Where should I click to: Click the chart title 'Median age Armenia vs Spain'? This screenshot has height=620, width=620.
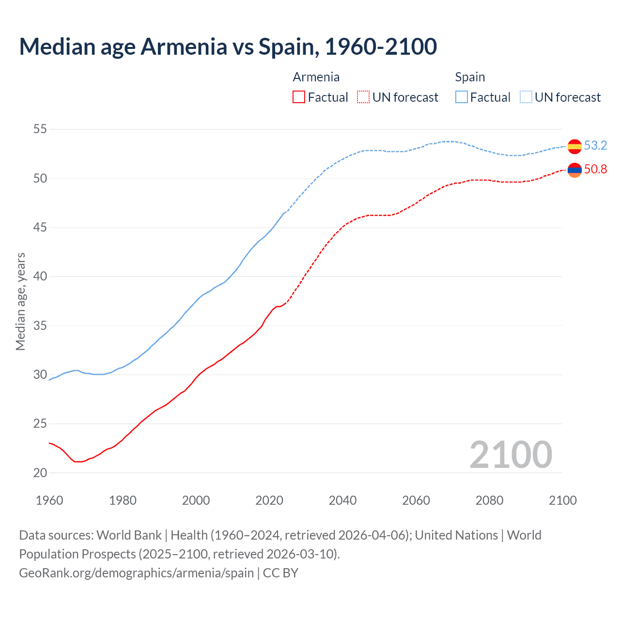pos(228,46)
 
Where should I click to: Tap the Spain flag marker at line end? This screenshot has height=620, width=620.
pos(574,146)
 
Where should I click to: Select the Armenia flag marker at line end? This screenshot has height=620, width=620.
pos(574,170)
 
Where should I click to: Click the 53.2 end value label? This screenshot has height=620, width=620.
pos(595,145)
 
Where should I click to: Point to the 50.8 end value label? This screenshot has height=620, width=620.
pos(595,169)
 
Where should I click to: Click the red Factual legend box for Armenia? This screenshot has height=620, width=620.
pos(299,97)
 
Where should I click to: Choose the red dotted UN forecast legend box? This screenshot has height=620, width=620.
pos(363,97)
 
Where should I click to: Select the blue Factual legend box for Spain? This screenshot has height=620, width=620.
pos(462,97)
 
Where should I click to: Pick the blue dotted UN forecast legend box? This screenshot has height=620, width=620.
pos(526,97)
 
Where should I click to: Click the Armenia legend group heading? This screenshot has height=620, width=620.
pos(316,77)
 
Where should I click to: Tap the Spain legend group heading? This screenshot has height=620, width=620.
pos(470,77)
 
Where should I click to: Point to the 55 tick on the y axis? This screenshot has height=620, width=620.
pos(40,129)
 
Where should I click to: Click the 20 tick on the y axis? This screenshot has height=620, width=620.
pos(40,473)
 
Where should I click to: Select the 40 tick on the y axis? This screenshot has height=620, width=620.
pos(40,277)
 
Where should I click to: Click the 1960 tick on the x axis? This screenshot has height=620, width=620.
pos(49,500)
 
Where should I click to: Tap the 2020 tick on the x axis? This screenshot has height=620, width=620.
pos(269,500)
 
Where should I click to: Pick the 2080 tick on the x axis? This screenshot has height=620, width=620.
pos(489,500)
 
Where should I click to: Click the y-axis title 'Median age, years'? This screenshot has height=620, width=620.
pos(20,301)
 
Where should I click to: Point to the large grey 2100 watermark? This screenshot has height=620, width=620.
pos(511,455)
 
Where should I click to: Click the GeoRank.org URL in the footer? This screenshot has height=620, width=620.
pos(136,573)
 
